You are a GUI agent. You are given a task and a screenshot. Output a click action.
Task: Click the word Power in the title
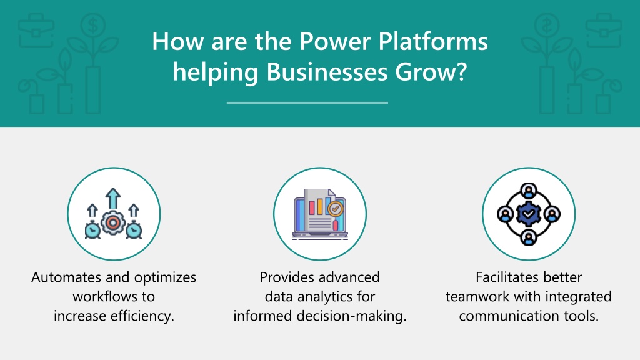click(336, 41)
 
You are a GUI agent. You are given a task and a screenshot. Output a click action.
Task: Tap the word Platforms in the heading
click(433, 41)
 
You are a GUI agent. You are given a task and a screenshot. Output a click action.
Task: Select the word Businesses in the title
click(327, 72)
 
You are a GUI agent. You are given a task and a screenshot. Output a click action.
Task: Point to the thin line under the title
click(307, 103)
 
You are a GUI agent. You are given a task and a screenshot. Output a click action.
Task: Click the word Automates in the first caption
click(66, 277)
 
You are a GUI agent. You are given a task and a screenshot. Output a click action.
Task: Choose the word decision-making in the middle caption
click(351, 316)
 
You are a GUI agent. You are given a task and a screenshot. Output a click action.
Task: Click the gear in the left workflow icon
click(113, 223)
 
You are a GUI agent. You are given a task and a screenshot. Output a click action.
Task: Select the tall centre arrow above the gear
click(113, 199)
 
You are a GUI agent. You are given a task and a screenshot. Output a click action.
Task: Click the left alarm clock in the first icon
click(92, 230)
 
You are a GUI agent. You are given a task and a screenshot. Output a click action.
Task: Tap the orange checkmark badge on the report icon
click(336, 209)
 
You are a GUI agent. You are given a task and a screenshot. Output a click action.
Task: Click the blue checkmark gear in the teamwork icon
click(529, 214)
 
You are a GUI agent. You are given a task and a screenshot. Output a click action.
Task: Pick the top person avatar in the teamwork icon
click(529, 191)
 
